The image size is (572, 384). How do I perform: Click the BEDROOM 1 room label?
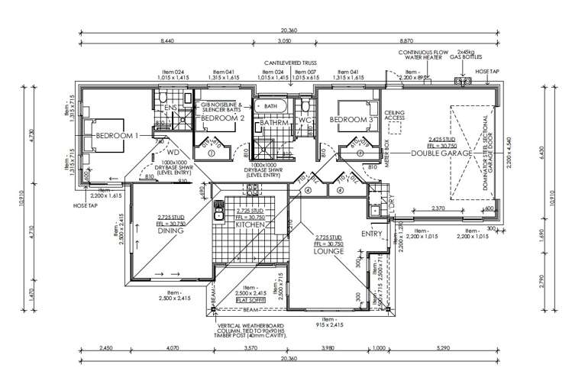pos(116,135)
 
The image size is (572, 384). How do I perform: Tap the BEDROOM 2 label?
pos(222,119)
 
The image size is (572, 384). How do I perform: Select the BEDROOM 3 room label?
pos(352,120)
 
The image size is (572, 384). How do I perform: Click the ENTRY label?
pos(372,234)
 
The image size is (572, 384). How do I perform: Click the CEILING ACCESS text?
pos(395,115)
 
